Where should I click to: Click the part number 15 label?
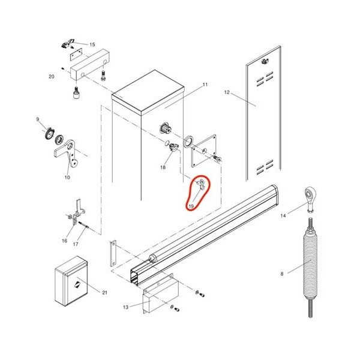[x=92, y=44]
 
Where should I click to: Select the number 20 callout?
[x=52, y=76]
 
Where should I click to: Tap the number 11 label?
[x=205, y=85]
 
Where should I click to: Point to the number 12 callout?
[x=227, y=92]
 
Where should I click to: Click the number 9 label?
[x=38, y=119]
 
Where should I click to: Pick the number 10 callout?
[x=67, y=177]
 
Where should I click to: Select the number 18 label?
[x=163, y=167]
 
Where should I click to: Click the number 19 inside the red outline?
[x=191, y=206]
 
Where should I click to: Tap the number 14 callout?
[x=283, y=215]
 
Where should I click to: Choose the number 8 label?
[x=282, y=274]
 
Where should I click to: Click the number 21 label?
[x=104, y=293]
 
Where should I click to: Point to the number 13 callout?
[x=125, y=307]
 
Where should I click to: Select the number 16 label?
[x=65, y=241]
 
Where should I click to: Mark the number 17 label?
[x=76, y=244]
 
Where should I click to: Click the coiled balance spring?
[x=310, y=268]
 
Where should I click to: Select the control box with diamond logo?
[x=71, y=281]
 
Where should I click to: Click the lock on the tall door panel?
[x=265, y=61]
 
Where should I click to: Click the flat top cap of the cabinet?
[x=148, y=92]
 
